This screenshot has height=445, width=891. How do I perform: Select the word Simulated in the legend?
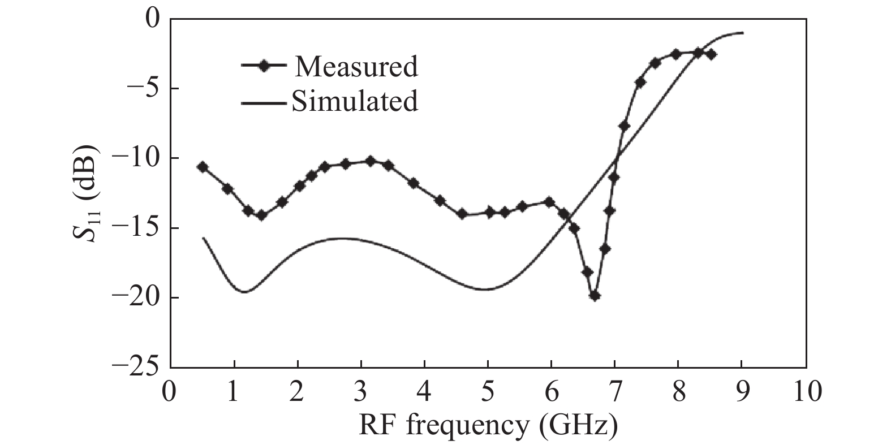click(355, 101)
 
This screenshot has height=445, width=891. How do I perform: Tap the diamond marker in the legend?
click(263, 66)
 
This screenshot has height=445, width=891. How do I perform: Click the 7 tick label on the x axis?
click(615, 391)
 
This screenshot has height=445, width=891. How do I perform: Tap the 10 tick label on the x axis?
click(806, 391)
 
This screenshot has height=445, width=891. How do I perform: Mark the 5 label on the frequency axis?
click(488, 391)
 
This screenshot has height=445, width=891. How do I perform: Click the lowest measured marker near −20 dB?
click(594, 295)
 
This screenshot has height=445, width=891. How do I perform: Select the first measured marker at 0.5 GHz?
click(203, 167)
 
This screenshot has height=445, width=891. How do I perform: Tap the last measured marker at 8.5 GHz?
click(711, 54)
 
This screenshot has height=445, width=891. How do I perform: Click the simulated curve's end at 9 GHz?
click(742, 33)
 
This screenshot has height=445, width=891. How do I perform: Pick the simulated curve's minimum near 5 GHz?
click(486, 290)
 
